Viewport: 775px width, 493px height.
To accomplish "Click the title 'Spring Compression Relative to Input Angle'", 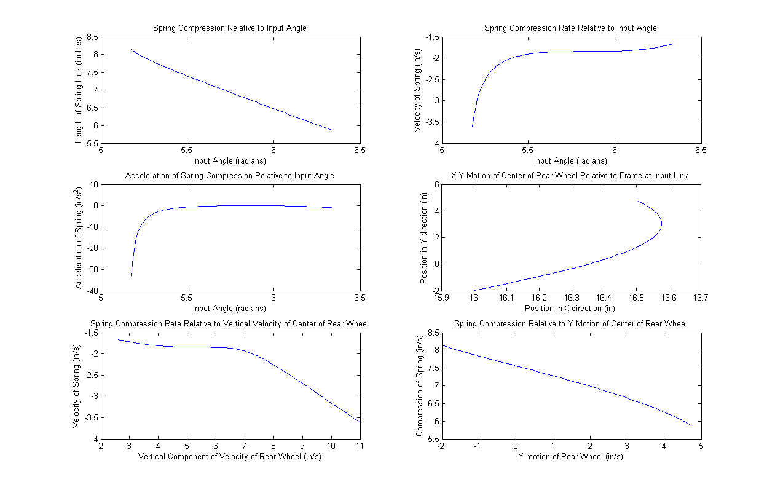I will tap(229, 28).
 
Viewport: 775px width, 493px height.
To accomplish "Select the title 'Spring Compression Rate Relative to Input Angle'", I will tap(570, 28).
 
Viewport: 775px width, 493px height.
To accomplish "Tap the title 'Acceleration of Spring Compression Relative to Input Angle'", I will tap(229, 176).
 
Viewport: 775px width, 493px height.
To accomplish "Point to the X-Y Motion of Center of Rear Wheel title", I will tap(570, 176).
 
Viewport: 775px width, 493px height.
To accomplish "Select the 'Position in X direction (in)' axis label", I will tap(570, 308).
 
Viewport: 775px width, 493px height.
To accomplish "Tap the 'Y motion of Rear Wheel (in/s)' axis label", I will tap(570, 456).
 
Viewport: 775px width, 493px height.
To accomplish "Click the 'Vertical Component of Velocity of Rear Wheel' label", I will tap(229, 456).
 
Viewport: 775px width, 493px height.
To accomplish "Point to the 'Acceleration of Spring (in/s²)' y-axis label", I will tap(79, 238).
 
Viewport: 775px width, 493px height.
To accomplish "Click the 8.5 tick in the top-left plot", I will tap(91, 37).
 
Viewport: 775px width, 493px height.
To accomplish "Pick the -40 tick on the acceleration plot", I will tap(90, 291).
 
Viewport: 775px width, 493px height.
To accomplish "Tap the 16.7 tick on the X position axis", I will tap(701, 298).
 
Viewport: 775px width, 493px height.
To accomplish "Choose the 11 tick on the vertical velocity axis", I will tap(360, 446).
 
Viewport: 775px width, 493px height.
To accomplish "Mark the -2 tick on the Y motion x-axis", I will tap(440, 446).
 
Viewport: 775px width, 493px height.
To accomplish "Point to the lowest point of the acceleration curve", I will tap(131, 275).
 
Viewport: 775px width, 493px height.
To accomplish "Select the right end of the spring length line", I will tap(332, 130).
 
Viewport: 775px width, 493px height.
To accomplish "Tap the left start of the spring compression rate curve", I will tap(472, 127).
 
